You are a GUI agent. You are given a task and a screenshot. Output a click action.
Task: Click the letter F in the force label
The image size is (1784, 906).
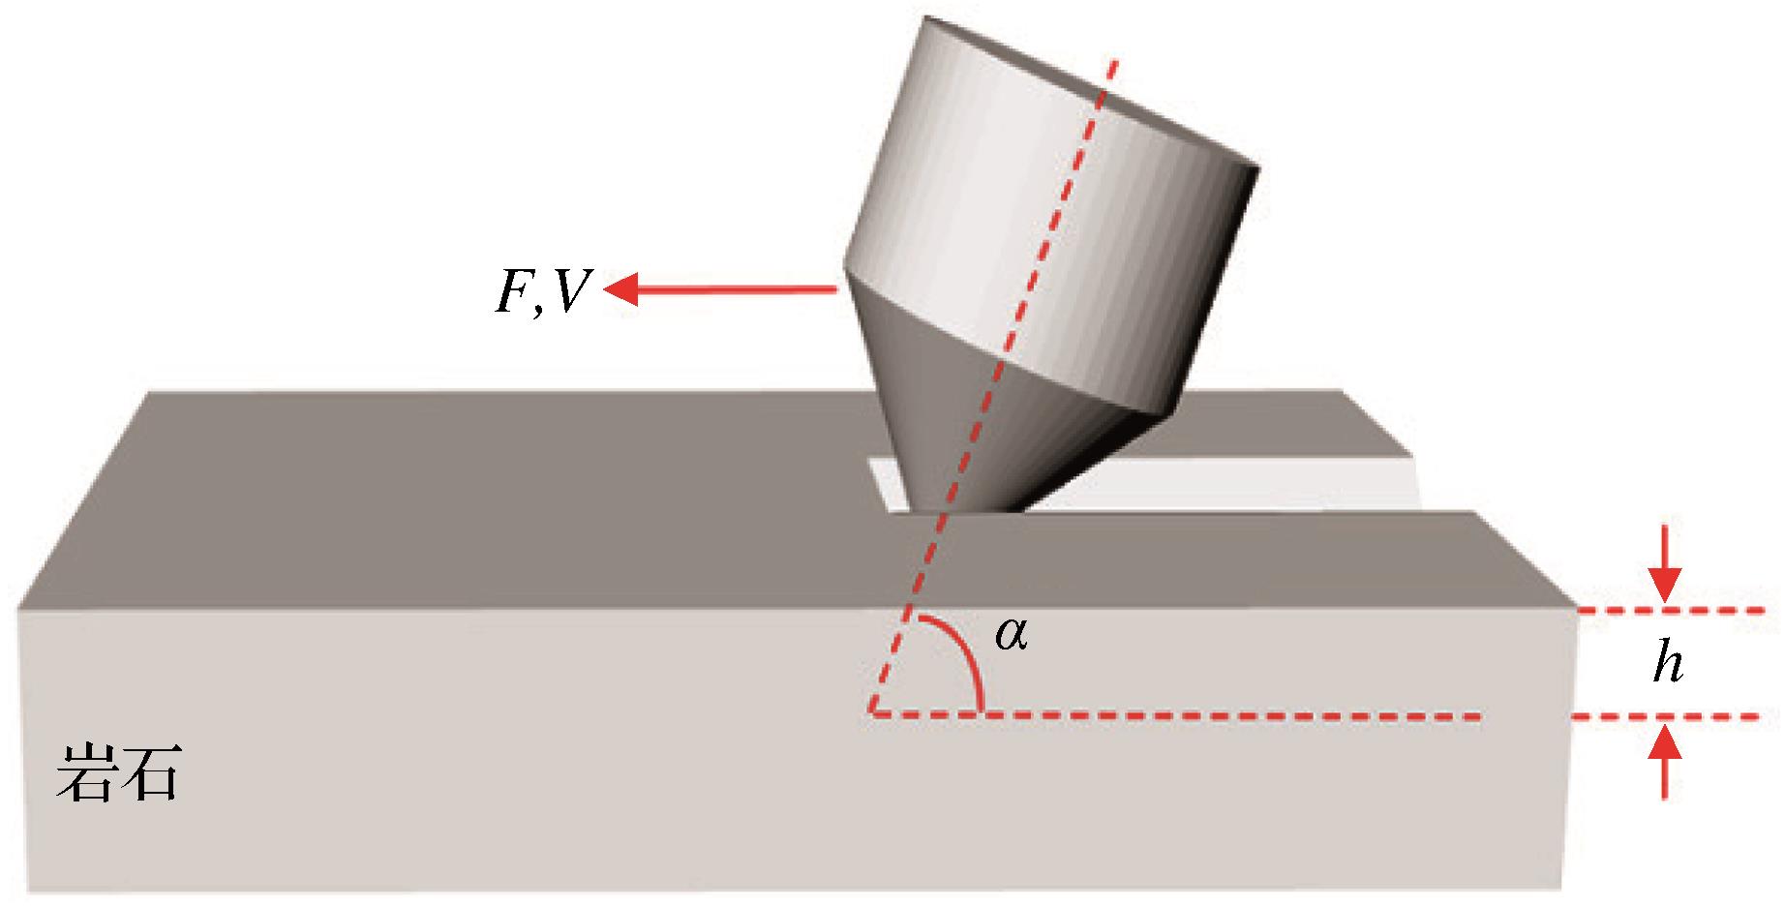(513, 287)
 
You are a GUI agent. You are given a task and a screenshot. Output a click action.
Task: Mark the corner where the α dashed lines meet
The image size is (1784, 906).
(872, 713)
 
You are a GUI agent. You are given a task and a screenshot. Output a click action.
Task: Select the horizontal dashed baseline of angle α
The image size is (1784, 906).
(1210, 716)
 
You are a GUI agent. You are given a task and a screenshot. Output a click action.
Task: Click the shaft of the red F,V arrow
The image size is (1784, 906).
(736, 287)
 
